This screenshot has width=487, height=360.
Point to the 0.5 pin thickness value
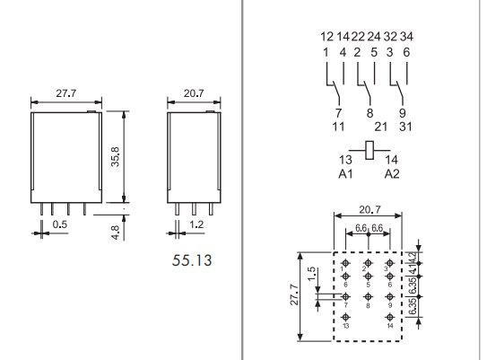59,224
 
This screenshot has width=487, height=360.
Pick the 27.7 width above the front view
65,92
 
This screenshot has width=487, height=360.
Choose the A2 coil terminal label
392,173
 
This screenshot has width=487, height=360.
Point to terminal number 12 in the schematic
326,37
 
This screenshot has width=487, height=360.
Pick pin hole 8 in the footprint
368,296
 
